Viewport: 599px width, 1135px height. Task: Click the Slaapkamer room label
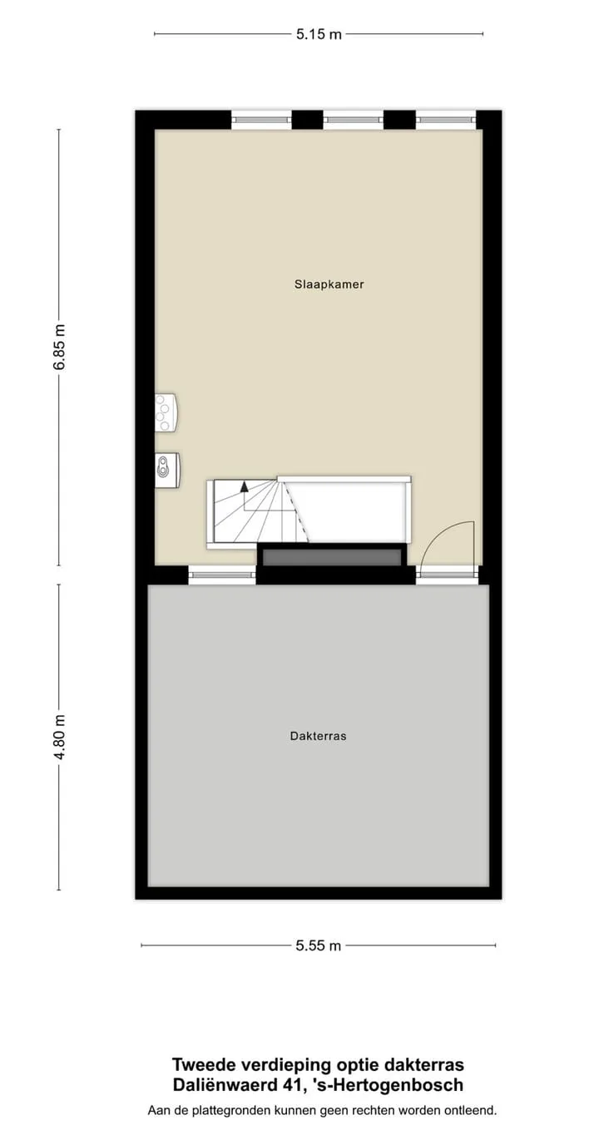(x=329, y=284)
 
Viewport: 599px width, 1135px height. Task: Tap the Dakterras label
(x=319, y=736)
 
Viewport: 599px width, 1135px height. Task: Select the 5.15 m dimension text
(x=319, y=34)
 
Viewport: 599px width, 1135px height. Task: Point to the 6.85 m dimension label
(x=59, y=347)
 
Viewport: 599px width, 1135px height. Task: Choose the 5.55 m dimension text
(x=319, y=945)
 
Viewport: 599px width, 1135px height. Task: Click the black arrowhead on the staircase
(x=245, y=486)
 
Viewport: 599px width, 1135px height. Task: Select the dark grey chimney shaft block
(x=333, y=555)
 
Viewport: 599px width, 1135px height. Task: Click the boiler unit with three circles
(x=166, y=412)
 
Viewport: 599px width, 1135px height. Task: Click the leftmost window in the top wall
(x=262, y=120)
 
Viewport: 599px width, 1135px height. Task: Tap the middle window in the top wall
(x=354, y=120)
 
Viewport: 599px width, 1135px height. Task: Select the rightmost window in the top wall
(x=446, y=120)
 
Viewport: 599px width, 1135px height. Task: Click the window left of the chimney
(x=222, y=575)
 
